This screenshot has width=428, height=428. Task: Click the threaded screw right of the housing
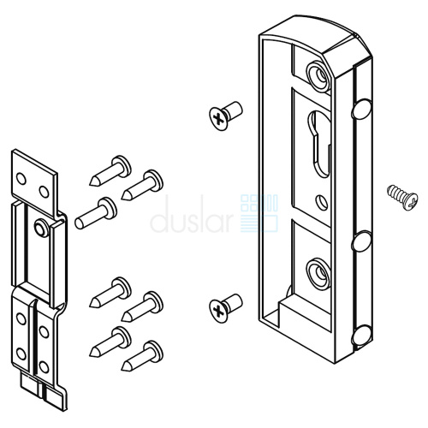point(402,198)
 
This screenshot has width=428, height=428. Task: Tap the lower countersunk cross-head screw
point(225,308)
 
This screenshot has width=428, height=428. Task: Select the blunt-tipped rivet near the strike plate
point(96,213)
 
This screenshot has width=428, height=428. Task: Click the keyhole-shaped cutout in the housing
point(318,142)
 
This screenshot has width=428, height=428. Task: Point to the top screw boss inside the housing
point(318,75)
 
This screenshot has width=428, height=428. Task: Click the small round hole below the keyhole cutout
point(322,202)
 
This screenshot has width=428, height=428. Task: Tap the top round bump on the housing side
point(361,109)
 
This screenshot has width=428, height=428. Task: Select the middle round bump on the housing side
point(361,241)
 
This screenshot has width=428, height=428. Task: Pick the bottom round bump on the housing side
point(361,336)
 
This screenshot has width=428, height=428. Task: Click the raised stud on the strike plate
point(41,227)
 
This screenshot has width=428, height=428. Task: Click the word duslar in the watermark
point(191,213)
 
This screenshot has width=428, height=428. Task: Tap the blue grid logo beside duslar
point(259,213)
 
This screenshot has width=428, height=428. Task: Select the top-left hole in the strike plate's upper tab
point(21,179)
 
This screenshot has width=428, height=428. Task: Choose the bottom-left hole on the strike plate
point(21,354)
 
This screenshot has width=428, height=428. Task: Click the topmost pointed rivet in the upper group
point(110,170)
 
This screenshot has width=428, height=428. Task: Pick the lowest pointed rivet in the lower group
point(142,356)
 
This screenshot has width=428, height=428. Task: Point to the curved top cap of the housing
point(314,32)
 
